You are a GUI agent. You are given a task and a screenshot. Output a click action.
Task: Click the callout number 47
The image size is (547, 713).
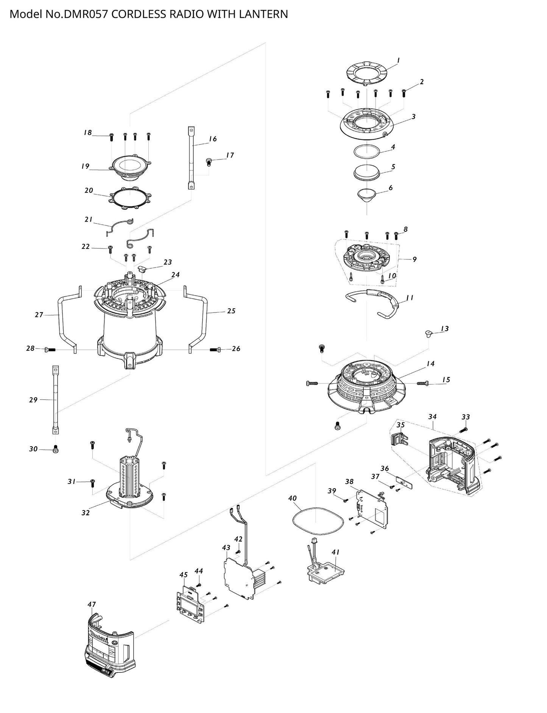click(92, 605)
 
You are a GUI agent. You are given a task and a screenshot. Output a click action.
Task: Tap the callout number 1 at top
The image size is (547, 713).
click(398, 60)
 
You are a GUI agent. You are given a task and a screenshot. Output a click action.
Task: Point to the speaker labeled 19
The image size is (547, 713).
click(130, 167)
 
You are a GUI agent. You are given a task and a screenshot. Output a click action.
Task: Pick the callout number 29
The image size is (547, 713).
click(33, 400)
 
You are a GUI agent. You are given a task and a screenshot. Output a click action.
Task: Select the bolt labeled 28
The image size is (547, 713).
click(50, 349)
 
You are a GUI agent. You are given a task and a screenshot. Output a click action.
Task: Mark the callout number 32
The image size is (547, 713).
click(86, 513)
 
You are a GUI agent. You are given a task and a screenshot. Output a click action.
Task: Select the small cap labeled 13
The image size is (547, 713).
click(428, 334)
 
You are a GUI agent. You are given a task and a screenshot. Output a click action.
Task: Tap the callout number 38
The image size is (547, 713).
click(349, 482)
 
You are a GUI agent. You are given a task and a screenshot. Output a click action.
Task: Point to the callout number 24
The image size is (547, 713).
click(175, 275)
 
